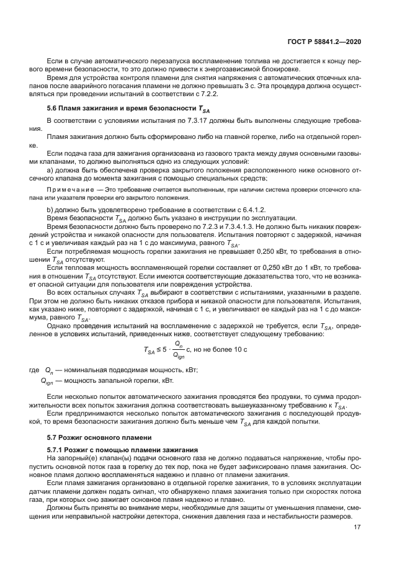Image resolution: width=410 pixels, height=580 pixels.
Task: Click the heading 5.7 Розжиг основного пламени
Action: click(x=91, y=437)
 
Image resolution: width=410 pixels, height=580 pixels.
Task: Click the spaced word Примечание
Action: click(x=71, y=187)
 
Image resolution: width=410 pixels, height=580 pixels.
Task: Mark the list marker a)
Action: click(x=50, y=169)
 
